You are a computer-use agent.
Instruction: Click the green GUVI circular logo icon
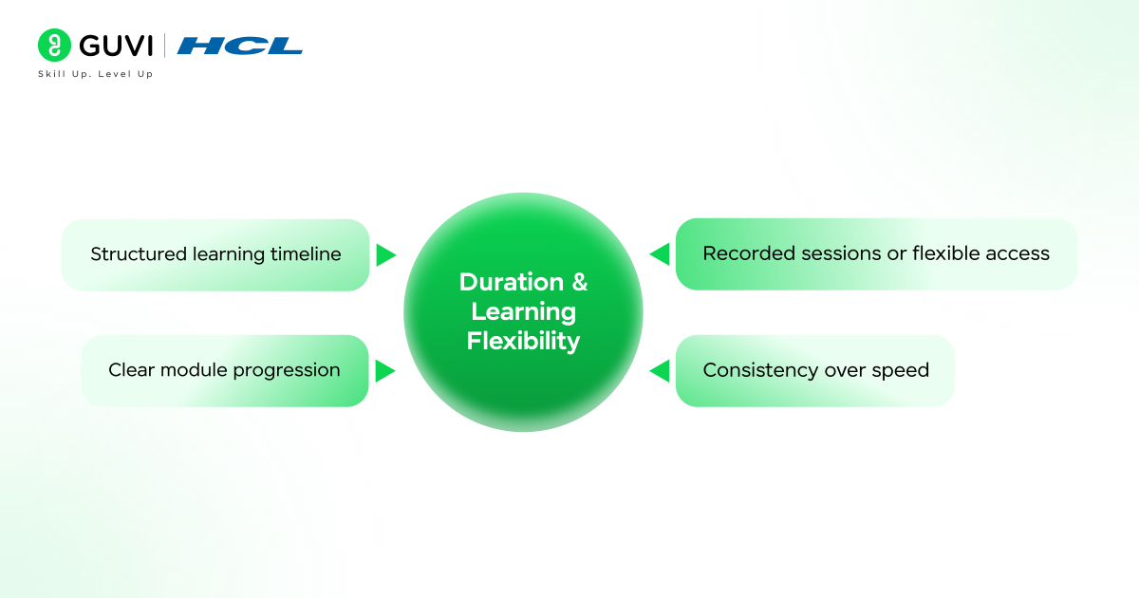pyautogui.click(x=54, y=46)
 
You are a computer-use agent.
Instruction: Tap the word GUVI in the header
pyautogui.click(x=116, y=46)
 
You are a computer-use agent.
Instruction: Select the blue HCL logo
pyautogui.click(x=239, y=46)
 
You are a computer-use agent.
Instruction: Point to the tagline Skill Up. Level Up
pyautogui.click(x=95, y=74)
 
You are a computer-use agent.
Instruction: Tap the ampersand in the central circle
pyautogui.click(x=578, y=282)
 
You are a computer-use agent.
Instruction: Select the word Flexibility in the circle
pyautogui.click(x=523, y=341)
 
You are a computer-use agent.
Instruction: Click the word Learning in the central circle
pyautogui.click(x=523, y=311)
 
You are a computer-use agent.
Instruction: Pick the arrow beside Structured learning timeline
pyautogui.click(x=385, y=254)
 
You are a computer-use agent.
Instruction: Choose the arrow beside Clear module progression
pyautogui.click(x=384, y=370)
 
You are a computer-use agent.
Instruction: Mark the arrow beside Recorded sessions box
pyautogui.click(x=660, y=254)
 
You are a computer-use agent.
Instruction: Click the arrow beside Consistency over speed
pyautogui.click(x=660, y=370)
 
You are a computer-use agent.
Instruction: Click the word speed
pyautogui.click(x=902, y=371)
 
